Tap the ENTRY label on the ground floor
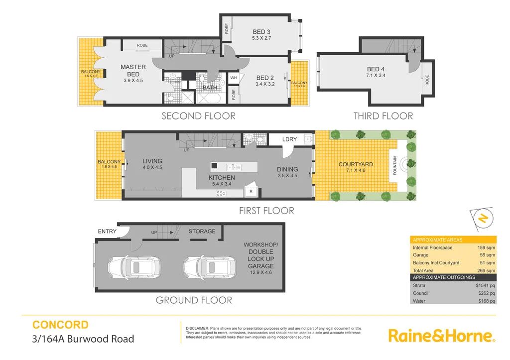click(107, 231)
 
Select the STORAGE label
click(202, 231)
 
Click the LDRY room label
click(289, 139)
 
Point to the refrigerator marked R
click(251, 191)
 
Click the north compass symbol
click(482, 218)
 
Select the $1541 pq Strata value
click(486, 285)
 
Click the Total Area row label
click(423, 270)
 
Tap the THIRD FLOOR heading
click(383, 116)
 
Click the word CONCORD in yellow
click(60, 325)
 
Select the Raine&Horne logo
click(441, 336)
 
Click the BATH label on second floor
click(209, 88)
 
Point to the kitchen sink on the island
click(233, 167)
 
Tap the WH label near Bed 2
click(234, 78)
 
